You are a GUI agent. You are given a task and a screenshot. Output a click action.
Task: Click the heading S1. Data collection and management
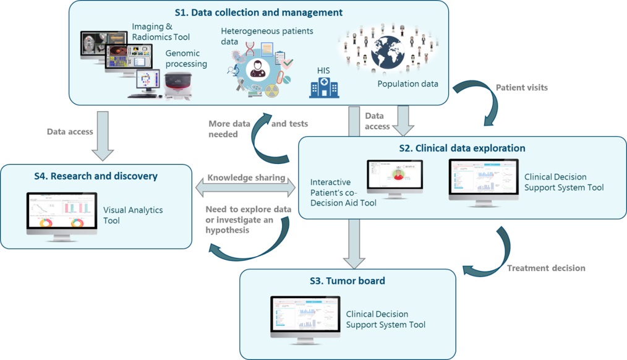(x=258, y=12)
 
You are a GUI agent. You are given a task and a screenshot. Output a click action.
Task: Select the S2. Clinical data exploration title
(x=461, y=148)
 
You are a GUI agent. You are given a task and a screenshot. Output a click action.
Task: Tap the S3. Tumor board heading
(x=348, y=281)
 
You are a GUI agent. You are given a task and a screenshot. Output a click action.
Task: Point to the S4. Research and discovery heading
(x=96, y=176)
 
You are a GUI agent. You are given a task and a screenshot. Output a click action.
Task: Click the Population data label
(x=407, y=84)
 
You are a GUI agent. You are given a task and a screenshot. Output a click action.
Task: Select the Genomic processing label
(x=186, y=58)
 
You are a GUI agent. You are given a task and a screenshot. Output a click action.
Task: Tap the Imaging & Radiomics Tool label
(x=161, y=32)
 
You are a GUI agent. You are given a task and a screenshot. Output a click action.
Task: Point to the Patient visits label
(x=521, y=87)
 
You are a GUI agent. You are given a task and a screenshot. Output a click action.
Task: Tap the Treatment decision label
(x=546, y=268)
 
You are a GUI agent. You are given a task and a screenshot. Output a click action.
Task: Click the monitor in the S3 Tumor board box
(x=305, y=318)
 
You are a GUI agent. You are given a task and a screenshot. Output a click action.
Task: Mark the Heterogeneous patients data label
(x=267, y=36)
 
